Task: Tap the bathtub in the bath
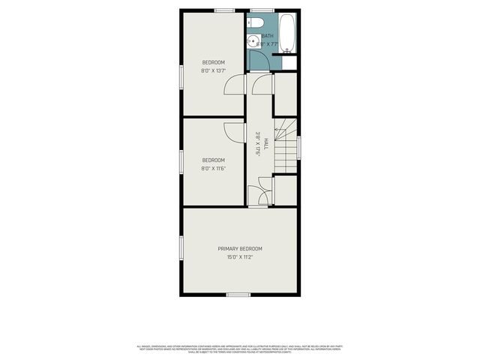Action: pyautogui.click(x=289, y=33)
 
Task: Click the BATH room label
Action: pyautogui.click(x=268, y=36)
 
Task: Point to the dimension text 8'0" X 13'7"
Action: pyautogui.click(x=214, y=70)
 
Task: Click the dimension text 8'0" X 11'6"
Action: pyautogui.click(x=214, y=168)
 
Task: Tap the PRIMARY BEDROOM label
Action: pyautogui.click(x=240, y=248)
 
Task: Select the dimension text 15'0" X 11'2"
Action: pyautogui.click(x=240, y=257)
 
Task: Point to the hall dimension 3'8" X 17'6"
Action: pyautogui.click(x=257, y=143)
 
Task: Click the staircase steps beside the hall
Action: pyautogui.click(x=286, y=146)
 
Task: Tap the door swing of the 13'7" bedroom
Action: pyautogui.click(x=236, y=85)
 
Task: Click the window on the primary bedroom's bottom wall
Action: pyautogui.click(x=238, y=295)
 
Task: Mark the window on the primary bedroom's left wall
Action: pyautogui.click(x=181, y=248)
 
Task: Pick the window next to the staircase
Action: pyautogui.click(x=298, y=146)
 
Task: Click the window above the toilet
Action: pyautogui.click(x=262, y=10)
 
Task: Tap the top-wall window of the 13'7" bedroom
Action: pyautogui.click(x=224, y=10)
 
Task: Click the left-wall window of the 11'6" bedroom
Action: pyautogui.click(x=181, y=160)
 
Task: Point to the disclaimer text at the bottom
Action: pyautogui.click(x=240, y=349)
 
